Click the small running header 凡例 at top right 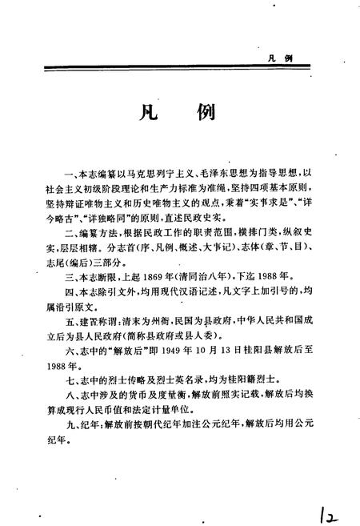tap(279, 58)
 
